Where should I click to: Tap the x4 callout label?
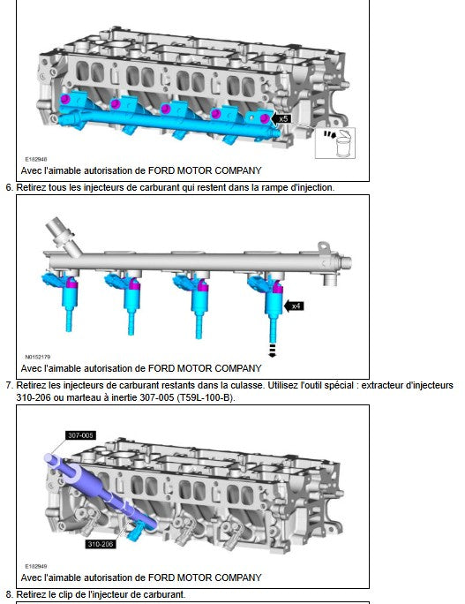294,306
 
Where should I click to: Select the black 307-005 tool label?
80,435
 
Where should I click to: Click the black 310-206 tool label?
100,544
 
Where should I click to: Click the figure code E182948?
36,159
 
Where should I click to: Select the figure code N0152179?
38,357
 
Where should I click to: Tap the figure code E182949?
36,566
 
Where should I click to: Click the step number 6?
9,187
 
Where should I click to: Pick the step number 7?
9,385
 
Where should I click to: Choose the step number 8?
9,594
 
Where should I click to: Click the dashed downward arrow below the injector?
272,351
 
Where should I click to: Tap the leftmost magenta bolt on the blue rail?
65,99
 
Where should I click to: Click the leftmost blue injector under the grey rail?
64,298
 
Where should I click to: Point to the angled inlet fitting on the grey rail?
62,236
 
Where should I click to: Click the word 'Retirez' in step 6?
29,187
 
